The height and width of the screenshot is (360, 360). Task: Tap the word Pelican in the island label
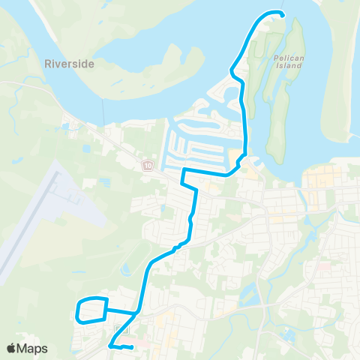pyautogui.click(x=287, y=57)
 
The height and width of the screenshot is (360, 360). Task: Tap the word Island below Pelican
pyautogui.click(x=287, y=65)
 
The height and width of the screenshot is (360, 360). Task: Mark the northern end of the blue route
pyautogui.click(x=282, y=14)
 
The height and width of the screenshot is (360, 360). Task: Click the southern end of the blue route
pyautogui.click(x=131, y=346)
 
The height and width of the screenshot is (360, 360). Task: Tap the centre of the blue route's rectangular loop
pyautogui.click(x=92, y=310)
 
